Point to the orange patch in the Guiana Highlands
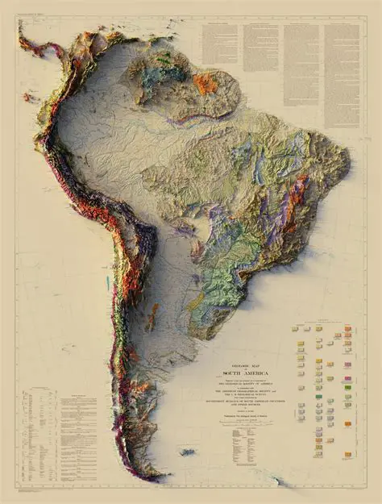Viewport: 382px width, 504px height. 205,83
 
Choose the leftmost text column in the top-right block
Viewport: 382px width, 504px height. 220,44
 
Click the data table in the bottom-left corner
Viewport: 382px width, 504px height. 42,435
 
